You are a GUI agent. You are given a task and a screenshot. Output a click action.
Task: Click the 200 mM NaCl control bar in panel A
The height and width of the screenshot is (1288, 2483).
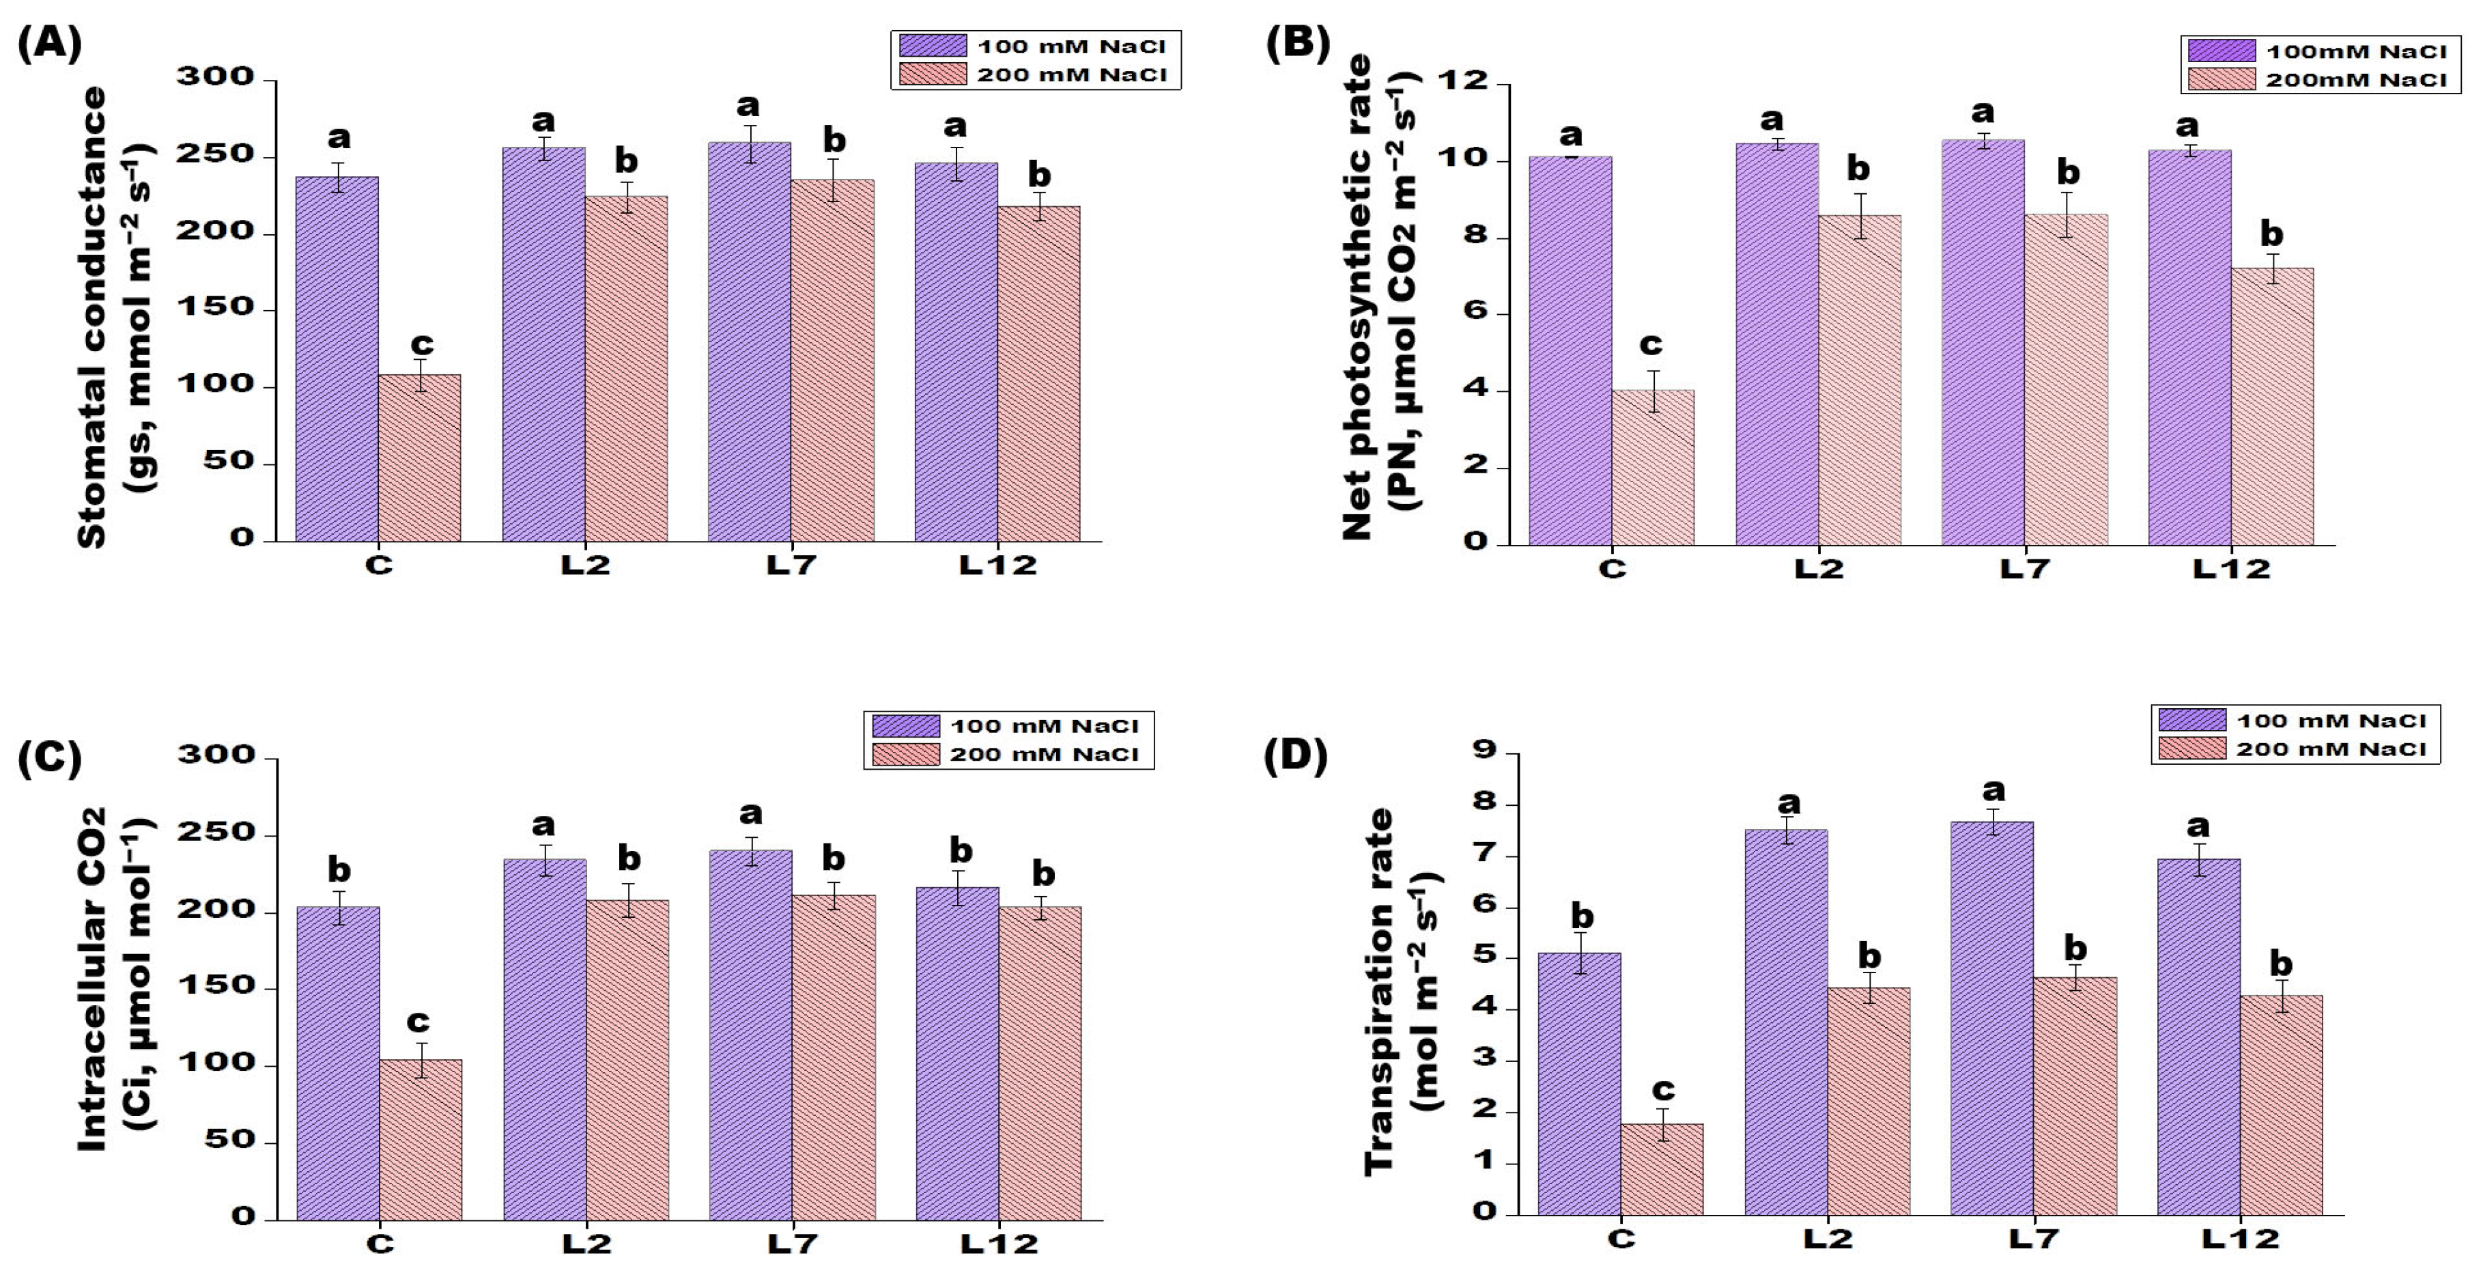point(419,458)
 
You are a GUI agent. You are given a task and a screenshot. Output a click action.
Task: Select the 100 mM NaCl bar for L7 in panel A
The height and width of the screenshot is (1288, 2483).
point(750,342)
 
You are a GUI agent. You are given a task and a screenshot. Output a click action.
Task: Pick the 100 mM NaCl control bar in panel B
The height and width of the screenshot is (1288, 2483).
point(1570,351)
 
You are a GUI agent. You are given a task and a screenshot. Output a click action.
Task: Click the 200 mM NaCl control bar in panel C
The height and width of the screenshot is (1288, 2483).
point(421,1140)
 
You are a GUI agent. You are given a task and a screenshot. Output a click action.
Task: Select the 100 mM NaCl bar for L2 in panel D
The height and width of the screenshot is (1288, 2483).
point(1786,1022)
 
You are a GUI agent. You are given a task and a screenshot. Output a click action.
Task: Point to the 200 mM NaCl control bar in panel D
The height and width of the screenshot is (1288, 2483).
point(1662,1169)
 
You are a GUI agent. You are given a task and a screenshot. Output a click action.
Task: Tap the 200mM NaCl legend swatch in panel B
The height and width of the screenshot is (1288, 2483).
point(2221,79)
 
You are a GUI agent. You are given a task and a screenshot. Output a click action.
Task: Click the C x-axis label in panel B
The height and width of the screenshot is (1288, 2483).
point(1613,569)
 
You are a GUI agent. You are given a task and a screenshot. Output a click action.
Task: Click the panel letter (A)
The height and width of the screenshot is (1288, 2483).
point(49,44)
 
